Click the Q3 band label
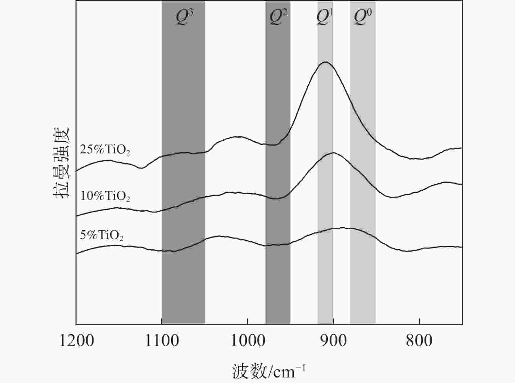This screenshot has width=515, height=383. [184, 17]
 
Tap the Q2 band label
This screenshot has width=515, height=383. [278, 17]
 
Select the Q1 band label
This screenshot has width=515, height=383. [325, 17]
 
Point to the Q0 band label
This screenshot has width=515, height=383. [363, 17]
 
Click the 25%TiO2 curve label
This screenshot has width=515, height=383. [105, 150]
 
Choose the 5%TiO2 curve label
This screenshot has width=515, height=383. [102, 235]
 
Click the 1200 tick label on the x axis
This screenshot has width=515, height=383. [76, 340]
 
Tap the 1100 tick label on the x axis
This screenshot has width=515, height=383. [162, 340]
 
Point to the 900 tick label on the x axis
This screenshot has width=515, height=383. [333, 340]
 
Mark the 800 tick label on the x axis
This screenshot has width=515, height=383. [419, 340]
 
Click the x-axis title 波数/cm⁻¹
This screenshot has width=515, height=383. [269, 371]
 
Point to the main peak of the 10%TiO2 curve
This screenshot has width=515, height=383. [333, 152]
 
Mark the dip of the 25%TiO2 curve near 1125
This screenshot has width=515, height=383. [141, 168]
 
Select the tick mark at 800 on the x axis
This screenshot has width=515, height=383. [419, 322]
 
